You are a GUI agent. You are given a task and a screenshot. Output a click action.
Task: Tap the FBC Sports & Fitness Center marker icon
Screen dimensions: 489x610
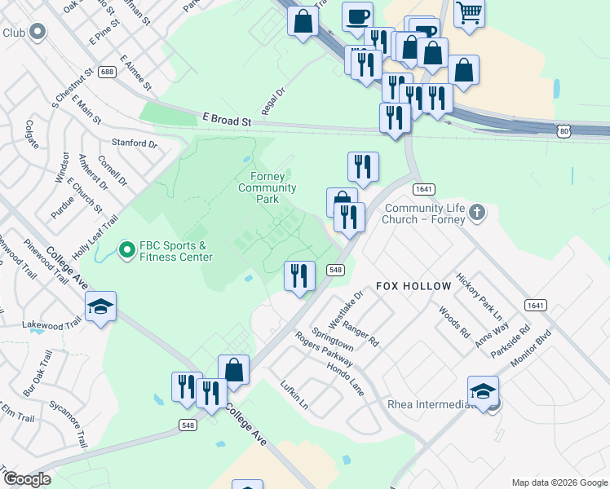pyautogui.click(x=126, y=250)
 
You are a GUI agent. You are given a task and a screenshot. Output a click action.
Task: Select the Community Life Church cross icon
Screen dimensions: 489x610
pyautogui.click(x=478, y=214)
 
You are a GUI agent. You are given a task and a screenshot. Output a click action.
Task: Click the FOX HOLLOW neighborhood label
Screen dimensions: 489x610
pyautogui.click(x=413, y=286)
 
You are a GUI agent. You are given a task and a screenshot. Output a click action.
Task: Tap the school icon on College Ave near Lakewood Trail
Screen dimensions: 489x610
pyautogui.click(x=100, y=306)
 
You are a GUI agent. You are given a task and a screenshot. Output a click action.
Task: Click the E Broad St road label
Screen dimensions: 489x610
pyautogui.click(x=226, y=121)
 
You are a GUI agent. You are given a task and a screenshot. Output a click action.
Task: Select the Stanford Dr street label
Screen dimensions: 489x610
pyautogui.click(x=135, y=143)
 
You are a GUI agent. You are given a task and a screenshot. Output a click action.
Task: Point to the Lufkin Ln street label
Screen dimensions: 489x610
pyautogui.click(x=294, y=394)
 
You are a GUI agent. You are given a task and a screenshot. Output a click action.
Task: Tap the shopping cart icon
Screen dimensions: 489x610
pyautogui.click(x=469, y=14)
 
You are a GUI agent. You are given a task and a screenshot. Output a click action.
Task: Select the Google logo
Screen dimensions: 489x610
pyautogui.click(x=27, y=479)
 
